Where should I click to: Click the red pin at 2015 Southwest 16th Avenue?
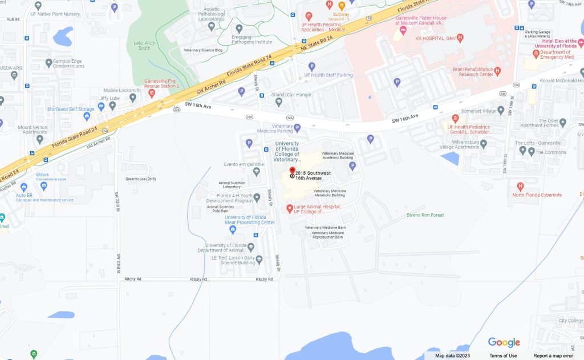tap(292, 171)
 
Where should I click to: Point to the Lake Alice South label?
tap(141, 45)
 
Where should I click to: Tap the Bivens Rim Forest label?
tap(425, 215)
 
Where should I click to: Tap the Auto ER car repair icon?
tap(23, 187)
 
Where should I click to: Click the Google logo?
tap(504, 342)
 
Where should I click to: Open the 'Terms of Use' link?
tap(503, 356)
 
